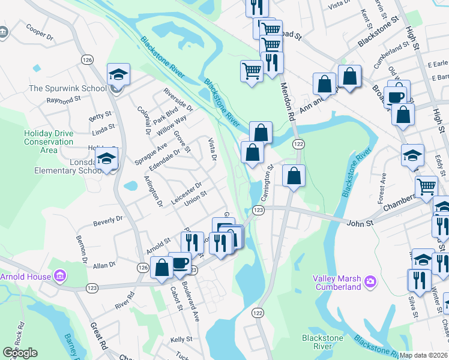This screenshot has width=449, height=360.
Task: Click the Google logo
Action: pos(20,353)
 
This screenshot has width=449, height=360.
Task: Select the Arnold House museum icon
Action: pos(59,277)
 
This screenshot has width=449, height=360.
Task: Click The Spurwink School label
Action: pos(67,88)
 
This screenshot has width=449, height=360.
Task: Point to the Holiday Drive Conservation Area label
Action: pos(49,142)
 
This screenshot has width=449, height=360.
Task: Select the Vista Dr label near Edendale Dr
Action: pos(211,149)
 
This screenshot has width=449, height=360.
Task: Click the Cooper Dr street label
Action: pos(40,32)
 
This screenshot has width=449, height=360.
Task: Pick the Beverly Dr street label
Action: pos(107,221)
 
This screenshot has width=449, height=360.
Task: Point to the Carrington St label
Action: pos(267,183)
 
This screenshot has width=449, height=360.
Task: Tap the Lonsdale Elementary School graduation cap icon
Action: pos(107,159)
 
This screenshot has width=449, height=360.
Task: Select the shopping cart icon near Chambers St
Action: pos(426,186)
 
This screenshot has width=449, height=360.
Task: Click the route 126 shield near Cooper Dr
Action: pos(88,59)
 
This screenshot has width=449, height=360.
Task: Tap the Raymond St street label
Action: pos(63,100)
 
